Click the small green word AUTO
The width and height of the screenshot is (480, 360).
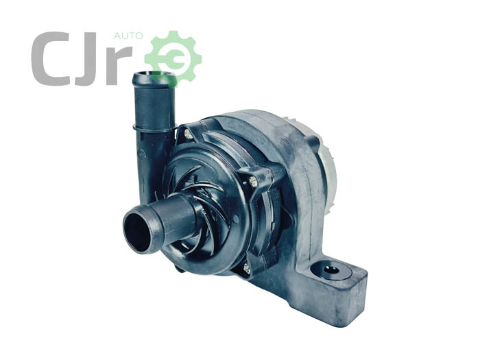click(128, 36)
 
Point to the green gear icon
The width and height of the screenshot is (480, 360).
click(173, 58)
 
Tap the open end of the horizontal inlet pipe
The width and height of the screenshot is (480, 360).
click(139, 229)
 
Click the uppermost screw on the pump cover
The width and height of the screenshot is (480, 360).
click(187, 133)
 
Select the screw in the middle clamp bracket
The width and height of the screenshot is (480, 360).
click(253, 182)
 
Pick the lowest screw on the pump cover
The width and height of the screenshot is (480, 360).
click(247, 269)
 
